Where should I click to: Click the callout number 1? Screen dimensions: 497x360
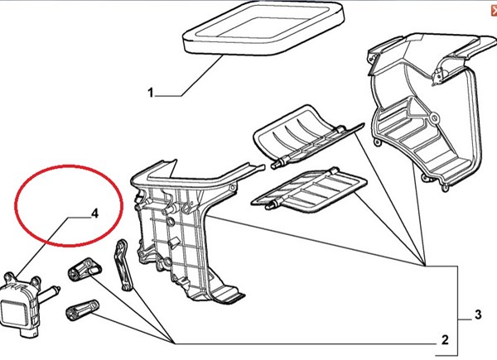[150, 93]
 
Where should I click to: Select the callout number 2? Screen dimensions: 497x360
[445, 340]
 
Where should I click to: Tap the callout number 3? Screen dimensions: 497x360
[478, 314]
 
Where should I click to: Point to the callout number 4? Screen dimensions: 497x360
[94, 214]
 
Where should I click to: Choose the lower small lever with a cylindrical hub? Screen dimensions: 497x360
[82, 310]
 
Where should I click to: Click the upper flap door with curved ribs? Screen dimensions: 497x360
[304, 137]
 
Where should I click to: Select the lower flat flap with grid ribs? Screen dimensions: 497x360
[309, 191]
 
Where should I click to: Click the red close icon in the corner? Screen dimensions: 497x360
[494, 11]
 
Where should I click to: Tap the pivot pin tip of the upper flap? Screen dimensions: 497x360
[274, 165]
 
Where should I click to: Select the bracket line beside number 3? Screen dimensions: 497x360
[457, 310]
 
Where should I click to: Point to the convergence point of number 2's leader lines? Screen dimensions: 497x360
[174, 343]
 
